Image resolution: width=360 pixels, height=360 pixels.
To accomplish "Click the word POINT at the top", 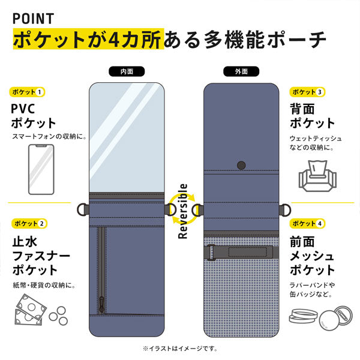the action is (x=33, y=19).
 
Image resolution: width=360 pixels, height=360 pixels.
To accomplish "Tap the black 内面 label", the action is (x=127, y=71).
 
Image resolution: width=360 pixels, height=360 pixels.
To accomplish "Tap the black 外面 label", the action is (x=241, y=71).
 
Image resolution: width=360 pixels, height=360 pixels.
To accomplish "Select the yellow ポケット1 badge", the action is (x=27, y=92).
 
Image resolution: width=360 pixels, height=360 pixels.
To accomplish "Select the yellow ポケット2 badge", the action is (x=29, y=223).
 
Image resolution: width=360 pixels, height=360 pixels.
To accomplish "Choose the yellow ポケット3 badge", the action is (x=307, y=92).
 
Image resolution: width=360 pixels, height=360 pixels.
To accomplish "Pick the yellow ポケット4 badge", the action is (x=307, y=223).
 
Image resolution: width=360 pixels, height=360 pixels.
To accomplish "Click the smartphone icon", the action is (x=41, y=169).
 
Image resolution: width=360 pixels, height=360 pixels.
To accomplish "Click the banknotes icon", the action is (x=31, y=310).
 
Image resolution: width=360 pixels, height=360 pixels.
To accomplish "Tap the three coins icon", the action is (x=59, y=316).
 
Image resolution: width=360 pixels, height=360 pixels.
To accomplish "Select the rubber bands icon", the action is (x=303, y=316).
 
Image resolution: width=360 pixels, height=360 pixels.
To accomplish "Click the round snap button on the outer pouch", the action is (x=241, y=165).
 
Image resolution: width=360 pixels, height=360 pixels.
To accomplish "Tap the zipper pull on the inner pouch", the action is (x=101, y=304).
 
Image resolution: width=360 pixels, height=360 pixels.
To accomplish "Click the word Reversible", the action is (x=183, y=211).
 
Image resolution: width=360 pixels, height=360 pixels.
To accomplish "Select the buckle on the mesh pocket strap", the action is (x=211, y=253).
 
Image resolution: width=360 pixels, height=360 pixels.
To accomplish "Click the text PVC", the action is (x=23, y=109).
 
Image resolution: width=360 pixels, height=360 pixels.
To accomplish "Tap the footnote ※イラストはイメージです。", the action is (x=180, y=349).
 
